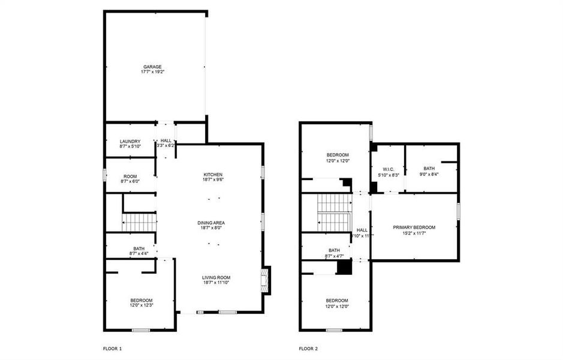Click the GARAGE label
click(152, 67)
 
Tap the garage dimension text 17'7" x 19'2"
click(152, 72)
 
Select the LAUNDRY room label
click(130, 142)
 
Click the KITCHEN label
click(213, 174)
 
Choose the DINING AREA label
click(213, 223)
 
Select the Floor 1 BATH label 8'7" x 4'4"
click(139, 248)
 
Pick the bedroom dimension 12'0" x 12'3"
click(141, 305)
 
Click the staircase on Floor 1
click(139, 222)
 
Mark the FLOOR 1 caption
click(112, 348)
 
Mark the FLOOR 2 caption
click(308, 348)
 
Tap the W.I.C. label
click(387, 169)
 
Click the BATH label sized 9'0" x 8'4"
click(429, 169)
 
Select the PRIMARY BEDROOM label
click(414, 227)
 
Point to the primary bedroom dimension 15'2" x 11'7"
click(414, 233)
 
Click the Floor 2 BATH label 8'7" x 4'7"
click(334, 250)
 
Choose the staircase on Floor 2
click(333, 212)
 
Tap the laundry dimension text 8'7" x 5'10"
click(130, 147)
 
